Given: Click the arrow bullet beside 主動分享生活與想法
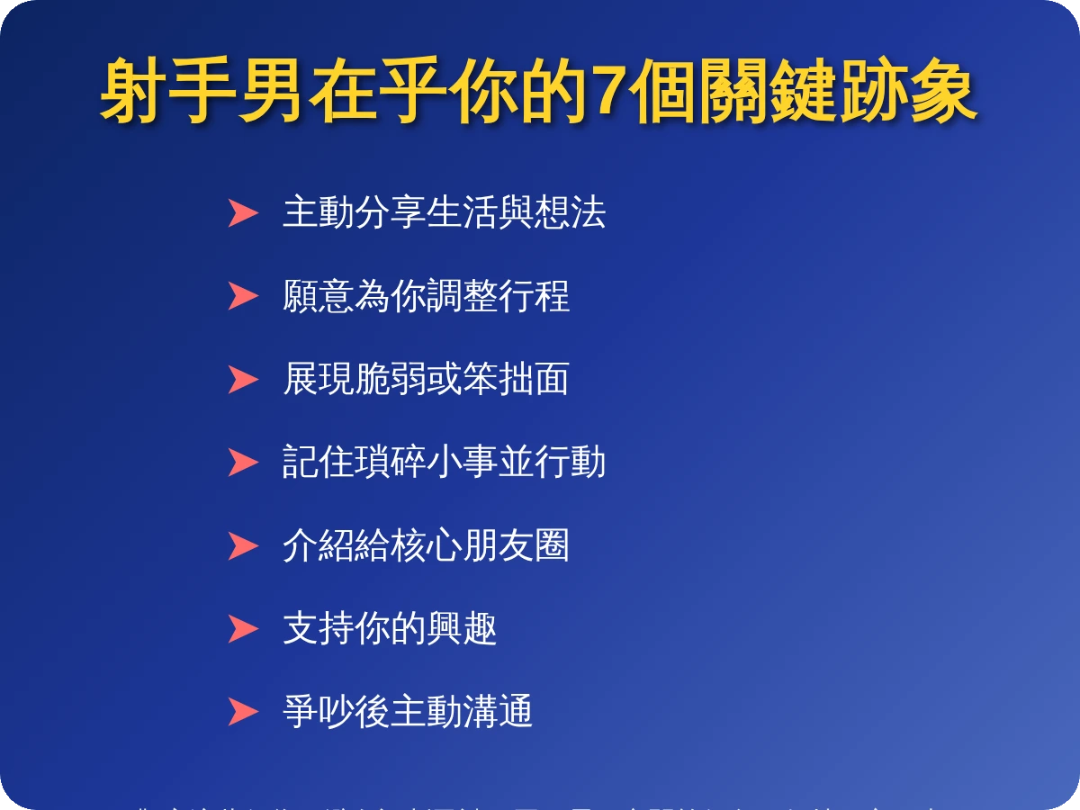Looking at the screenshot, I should [242, 213].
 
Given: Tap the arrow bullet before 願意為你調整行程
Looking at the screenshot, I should [242, 296].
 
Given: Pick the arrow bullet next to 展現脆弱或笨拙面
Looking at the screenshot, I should [242, 379].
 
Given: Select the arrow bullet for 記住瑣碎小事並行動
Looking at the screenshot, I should [242, 462].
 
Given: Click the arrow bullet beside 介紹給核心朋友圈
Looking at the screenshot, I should [242, 545].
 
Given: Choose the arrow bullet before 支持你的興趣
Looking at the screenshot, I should [242, 628].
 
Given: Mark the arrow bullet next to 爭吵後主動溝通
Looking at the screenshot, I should [242, 711].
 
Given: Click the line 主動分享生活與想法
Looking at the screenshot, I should [444, 212].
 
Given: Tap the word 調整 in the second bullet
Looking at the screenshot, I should [444, 296].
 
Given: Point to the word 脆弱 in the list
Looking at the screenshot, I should [390, 379].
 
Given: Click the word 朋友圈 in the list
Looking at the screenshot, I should [516, 545].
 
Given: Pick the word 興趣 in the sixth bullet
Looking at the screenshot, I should [462, 628].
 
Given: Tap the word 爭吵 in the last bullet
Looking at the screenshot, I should [318, 711].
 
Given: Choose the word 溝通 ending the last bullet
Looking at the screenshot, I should [498, 711].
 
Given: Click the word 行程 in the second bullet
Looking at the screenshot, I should [534, 296].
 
